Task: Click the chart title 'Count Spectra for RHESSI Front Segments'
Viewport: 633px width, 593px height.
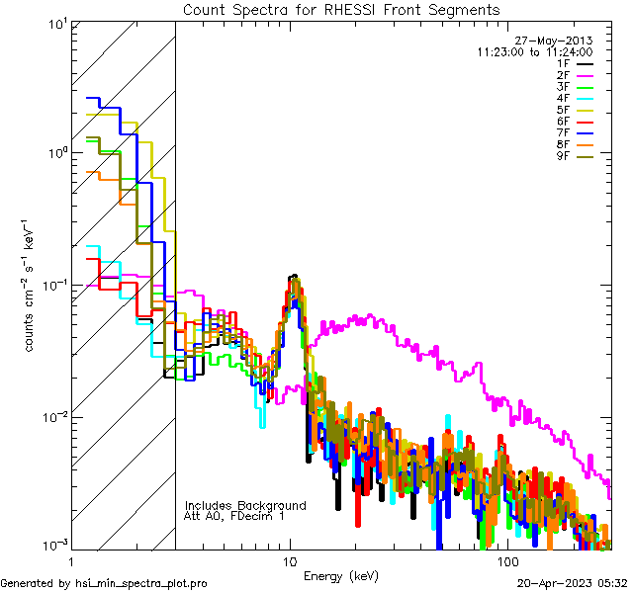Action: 341,9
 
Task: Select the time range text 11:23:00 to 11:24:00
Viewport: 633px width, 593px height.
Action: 534,51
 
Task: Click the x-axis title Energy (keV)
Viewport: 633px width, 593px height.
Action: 340,575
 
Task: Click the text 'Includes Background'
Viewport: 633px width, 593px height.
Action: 245,505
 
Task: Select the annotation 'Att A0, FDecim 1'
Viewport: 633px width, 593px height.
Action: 234,516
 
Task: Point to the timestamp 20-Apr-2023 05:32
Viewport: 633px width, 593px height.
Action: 574,584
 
